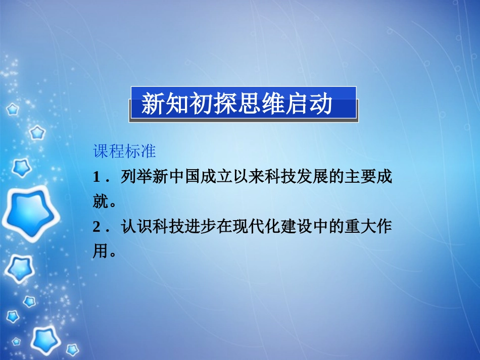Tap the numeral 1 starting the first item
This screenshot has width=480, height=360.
point(96,177)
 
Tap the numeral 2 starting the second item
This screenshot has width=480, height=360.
point(96,228)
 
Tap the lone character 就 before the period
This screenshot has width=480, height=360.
point(100,202)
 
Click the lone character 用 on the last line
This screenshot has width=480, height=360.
point(100,252)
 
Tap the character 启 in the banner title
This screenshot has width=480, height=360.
point(296,105)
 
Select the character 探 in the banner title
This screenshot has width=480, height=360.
point(224,105)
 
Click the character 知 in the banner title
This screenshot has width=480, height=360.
point(176,105)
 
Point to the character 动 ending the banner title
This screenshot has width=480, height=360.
point(320,105)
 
